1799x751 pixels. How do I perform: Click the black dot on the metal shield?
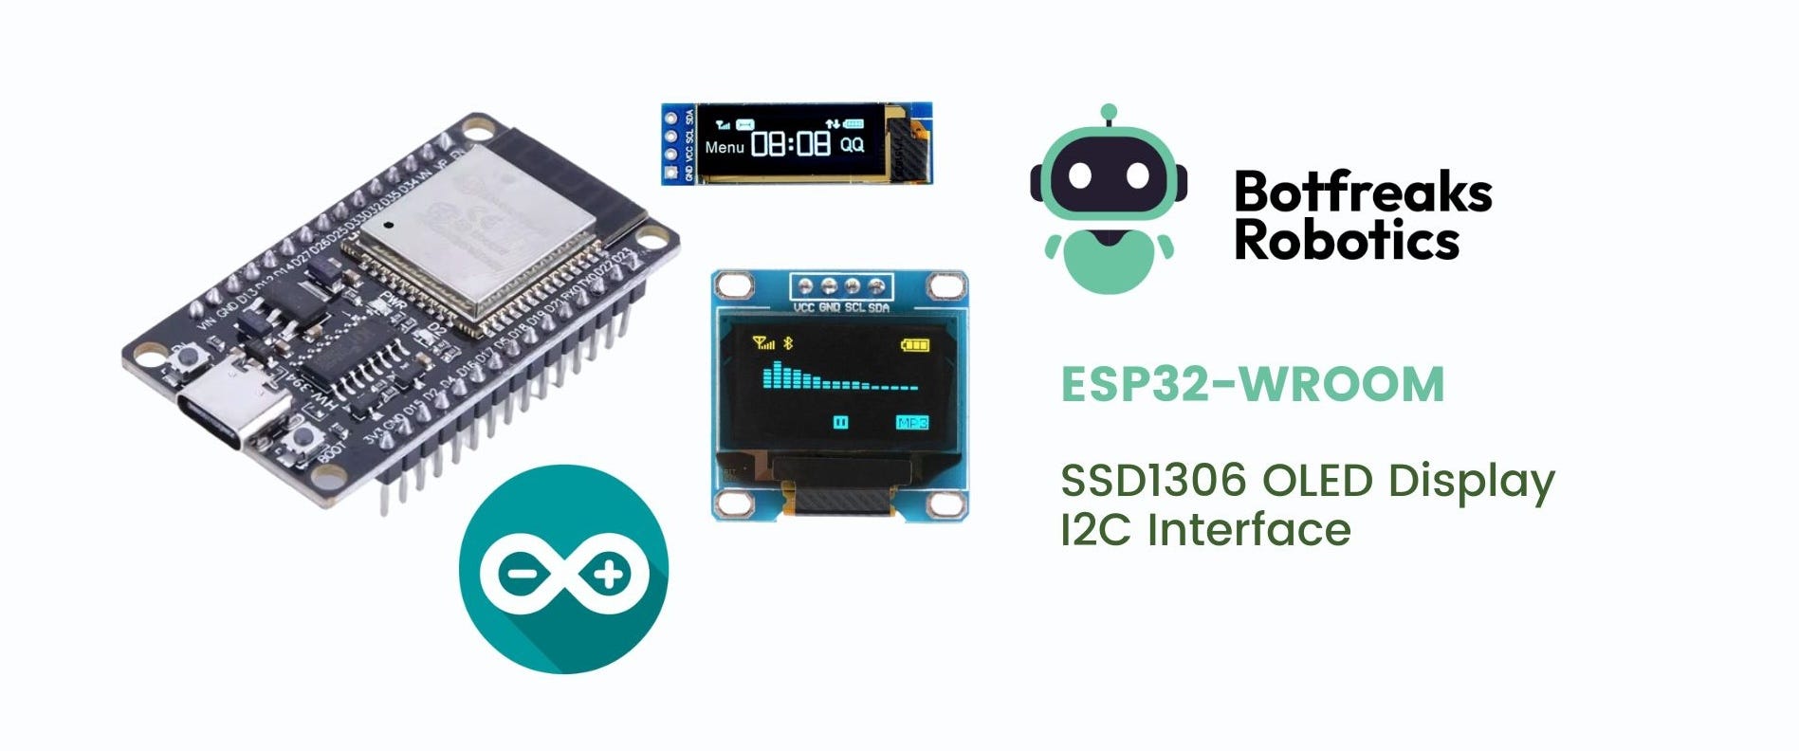point(389,226)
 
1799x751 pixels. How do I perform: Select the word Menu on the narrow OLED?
point(725,148)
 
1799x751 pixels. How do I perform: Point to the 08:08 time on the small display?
point(790,144)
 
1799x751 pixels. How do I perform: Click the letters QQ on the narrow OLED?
point(853,145)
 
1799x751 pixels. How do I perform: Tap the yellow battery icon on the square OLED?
point(915,344)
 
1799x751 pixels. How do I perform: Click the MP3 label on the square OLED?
point(911,423)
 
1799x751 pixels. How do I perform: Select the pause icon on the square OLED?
point(840,423)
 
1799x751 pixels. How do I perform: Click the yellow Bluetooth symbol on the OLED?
point(785,343)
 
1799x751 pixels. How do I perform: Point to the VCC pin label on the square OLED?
point(804,308)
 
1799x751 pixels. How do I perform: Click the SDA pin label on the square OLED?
point(879,308)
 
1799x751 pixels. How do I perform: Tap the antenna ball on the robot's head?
point(1109,112)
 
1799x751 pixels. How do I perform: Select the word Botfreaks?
point(1363,192)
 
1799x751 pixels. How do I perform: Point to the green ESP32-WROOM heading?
point(1252,384)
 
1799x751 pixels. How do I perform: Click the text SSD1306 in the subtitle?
point(1152,481)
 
